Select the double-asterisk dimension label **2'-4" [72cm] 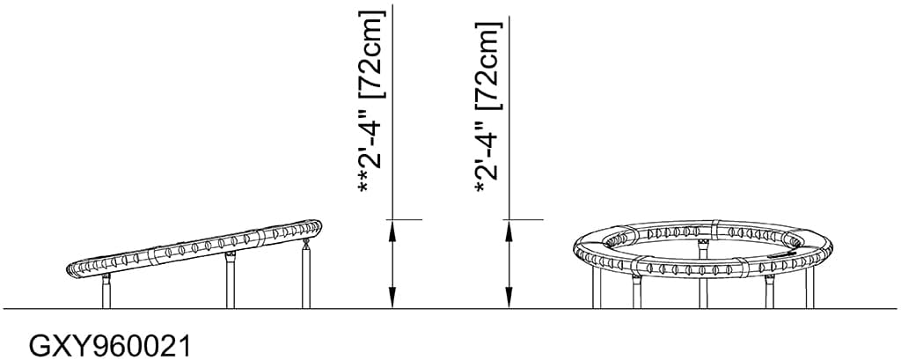pos(370,104)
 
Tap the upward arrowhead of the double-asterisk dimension pos(392,230)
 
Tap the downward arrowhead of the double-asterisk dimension pos(392,299)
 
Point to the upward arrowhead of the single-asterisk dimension pos(509,230)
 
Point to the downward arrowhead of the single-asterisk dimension pos(509,299)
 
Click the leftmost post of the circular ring pos(596,286)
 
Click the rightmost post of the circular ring pos(809,285)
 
